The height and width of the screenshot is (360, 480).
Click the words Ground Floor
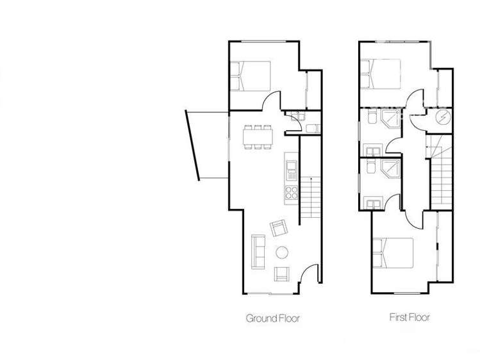pos(272,318)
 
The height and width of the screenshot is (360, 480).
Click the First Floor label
pos(410,317)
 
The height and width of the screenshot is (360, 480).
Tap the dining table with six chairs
pos(258,136)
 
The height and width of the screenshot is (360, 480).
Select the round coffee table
pos(281,252)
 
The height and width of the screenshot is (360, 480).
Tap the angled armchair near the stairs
pos(279,228)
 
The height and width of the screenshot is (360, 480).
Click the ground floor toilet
pos(297,117)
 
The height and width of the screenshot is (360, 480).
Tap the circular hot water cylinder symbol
pos(442,117)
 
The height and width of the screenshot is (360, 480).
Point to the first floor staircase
pos(441,173)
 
